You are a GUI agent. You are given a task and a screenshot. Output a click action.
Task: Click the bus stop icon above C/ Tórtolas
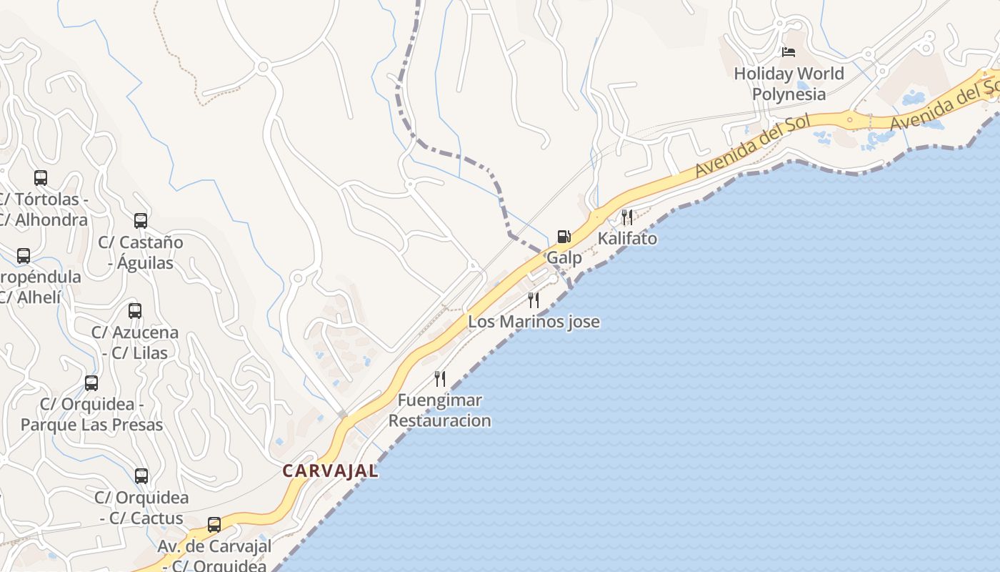pyautogui.click(x=41, y=178)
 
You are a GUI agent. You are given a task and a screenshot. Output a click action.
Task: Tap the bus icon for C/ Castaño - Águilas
pyautogui.click(x=141, y=221)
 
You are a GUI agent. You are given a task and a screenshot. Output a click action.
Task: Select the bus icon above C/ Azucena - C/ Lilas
pyautogui.click(x=135, y=311)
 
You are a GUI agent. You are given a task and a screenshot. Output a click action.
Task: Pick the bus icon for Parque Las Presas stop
pyautogui.click(x=91, y=383)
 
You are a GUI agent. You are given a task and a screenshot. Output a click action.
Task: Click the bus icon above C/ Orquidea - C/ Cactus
pyautogui.click(x=141, y=476)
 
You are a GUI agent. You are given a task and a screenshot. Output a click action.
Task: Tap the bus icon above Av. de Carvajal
pyautogui.click(x=214, y=525)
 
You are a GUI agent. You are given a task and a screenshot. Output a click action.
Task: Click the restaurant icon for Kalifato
pyautogui.click(x=627, y=217)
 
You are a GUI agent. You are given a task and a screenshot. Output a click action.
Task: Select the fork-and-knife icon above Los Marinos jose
pyautogui.click(x=534, y=300)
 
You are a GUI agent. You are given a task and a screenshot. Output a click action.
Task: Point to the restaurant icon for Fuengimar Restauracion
pyautogui.click(x=440, y=379)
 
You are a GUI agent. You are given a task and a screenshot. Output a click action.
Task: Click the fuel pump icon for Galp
pyautogui.click(x=564, y=237)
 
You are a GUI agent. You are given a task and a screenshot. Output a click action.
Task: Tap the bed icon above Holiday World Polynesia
pyautogui.click(x=789, y=52)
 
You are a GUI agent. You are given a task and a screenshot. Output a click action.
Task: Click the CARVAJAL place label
pyautogui.click(x=330, y=471)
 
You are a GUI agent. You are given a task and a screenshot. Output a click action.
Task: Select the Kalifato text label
pyautogui.click(x=627, y=238)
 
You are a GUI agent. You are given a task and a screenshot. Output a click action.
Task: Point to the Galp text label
pyautogui.click(x=564, y=257)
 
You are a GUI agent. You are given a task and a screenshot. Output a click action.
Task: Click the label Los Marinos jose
pyautogui.click(x=534, y=322)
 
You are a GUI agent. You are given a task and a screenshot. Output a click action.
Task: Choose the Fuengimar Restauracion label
pyautogui.click(x=440, y=410)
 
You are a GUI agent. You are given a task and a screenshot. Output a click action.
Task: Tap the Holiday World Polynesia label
pyautogui.click(x=789, y=84)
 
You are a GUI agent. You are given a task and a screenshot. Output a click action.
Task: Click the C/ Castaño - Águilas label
pyautogui.click(x=141, y=252)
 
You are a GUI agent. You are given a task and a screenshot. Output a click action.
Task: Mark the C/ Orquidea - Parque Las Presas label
pyautogui.click(x=91, y=414)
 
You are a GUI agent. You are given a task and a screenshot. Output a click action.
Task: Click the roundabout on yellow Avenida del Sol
pyautogui.click(x=850, y=120)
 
